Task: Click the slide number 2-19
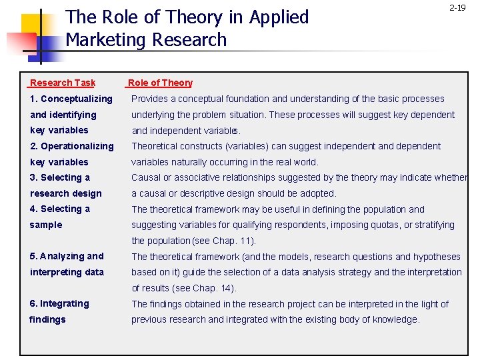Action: pos(457,8)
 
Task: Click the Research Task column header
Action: pos(63,83)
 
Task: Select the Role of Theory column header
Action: pos(160,83)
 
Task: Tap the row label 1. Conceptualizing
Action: pos(71,99)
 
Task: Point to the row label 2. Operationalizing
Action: pos(72,147)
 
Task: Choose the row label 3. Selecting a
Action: pos(60,178)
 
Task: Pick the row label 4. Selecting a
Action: pos(60,209)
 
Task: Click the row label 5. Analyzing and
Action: pos(67,257)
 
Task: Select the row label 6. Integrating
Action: pos(59,304)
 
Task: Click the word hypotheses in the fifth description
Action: pos(437,257)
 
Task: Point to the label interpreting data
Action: pos(67,272)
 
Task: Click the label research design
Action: pos(66,194)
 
